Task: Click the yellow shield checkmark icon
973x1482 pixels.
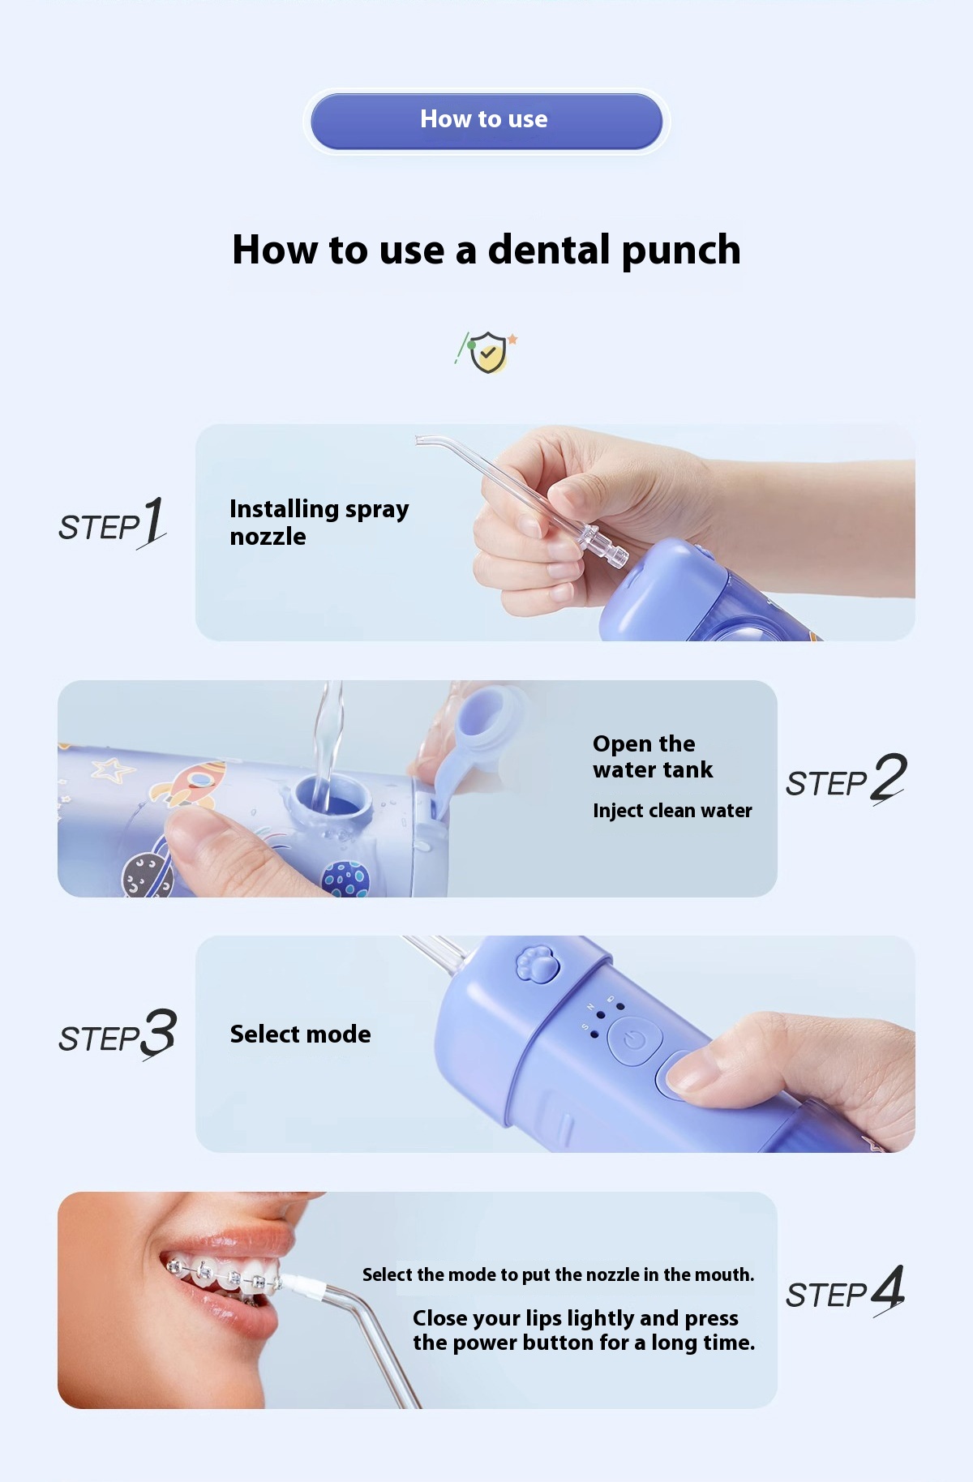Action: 487,352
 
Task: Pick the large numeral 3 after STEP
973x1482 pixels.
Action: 159,1034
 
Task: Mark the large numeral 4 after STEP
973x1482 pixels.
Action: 888,1289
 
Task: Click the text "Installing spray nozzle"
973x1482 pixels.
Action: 319,523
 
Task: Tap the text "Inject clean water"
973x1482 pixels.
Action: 672,811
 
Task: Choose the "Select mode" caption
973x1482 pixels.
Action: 300,1034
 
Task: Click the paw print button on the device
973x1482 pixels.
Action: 538,964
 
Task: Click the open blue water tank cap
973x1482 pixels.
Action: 478,734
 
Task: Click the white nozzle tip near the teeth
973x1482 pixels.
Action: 304,1285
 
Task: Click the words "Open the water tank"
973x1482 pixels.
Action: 653,757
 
